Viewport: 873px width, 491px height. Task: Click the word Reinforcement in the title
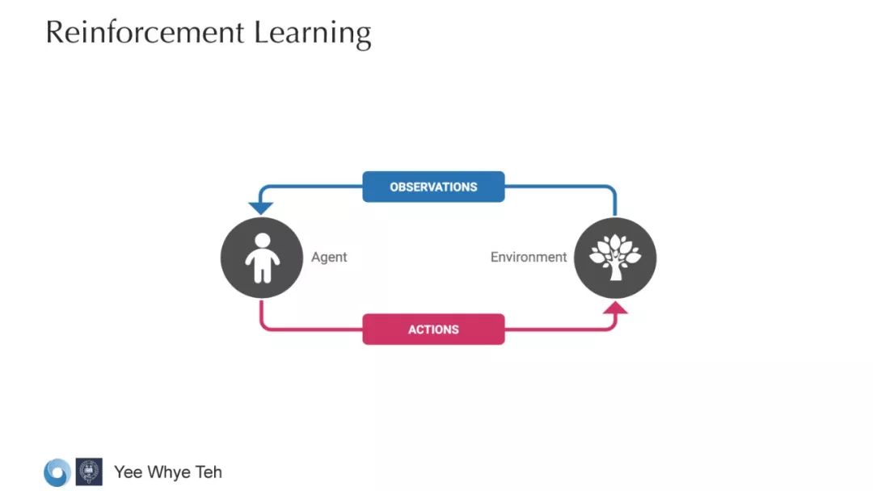tap(145, 32)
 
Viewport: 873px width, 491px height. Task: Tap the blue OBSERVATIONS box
tap(433, 187)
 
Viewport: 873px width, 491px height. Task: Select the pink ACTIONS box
tap(433, 329)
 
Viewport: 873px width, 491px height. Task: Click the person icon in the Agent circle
tap(262, 258)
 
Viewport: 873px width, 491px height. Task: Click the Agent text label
tap(329, 257)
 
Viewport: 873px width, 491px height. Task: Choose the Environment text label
tap(529, 257)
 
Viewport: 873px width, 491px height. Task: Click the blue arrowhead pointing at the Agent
tap(261, 208)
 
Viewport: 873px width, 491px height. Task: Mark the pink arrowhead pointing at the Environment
tap(616, 308)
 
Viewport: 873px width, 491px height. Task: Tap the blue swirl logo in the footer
tap(57, 472)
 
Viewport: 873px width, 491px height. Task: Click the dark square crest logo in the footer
tap(89, 472)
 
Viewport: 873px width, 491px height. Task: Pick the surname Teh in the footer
tap(208, 472)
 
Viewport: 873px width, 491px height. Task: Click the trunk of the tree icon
tap(615, 271)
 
